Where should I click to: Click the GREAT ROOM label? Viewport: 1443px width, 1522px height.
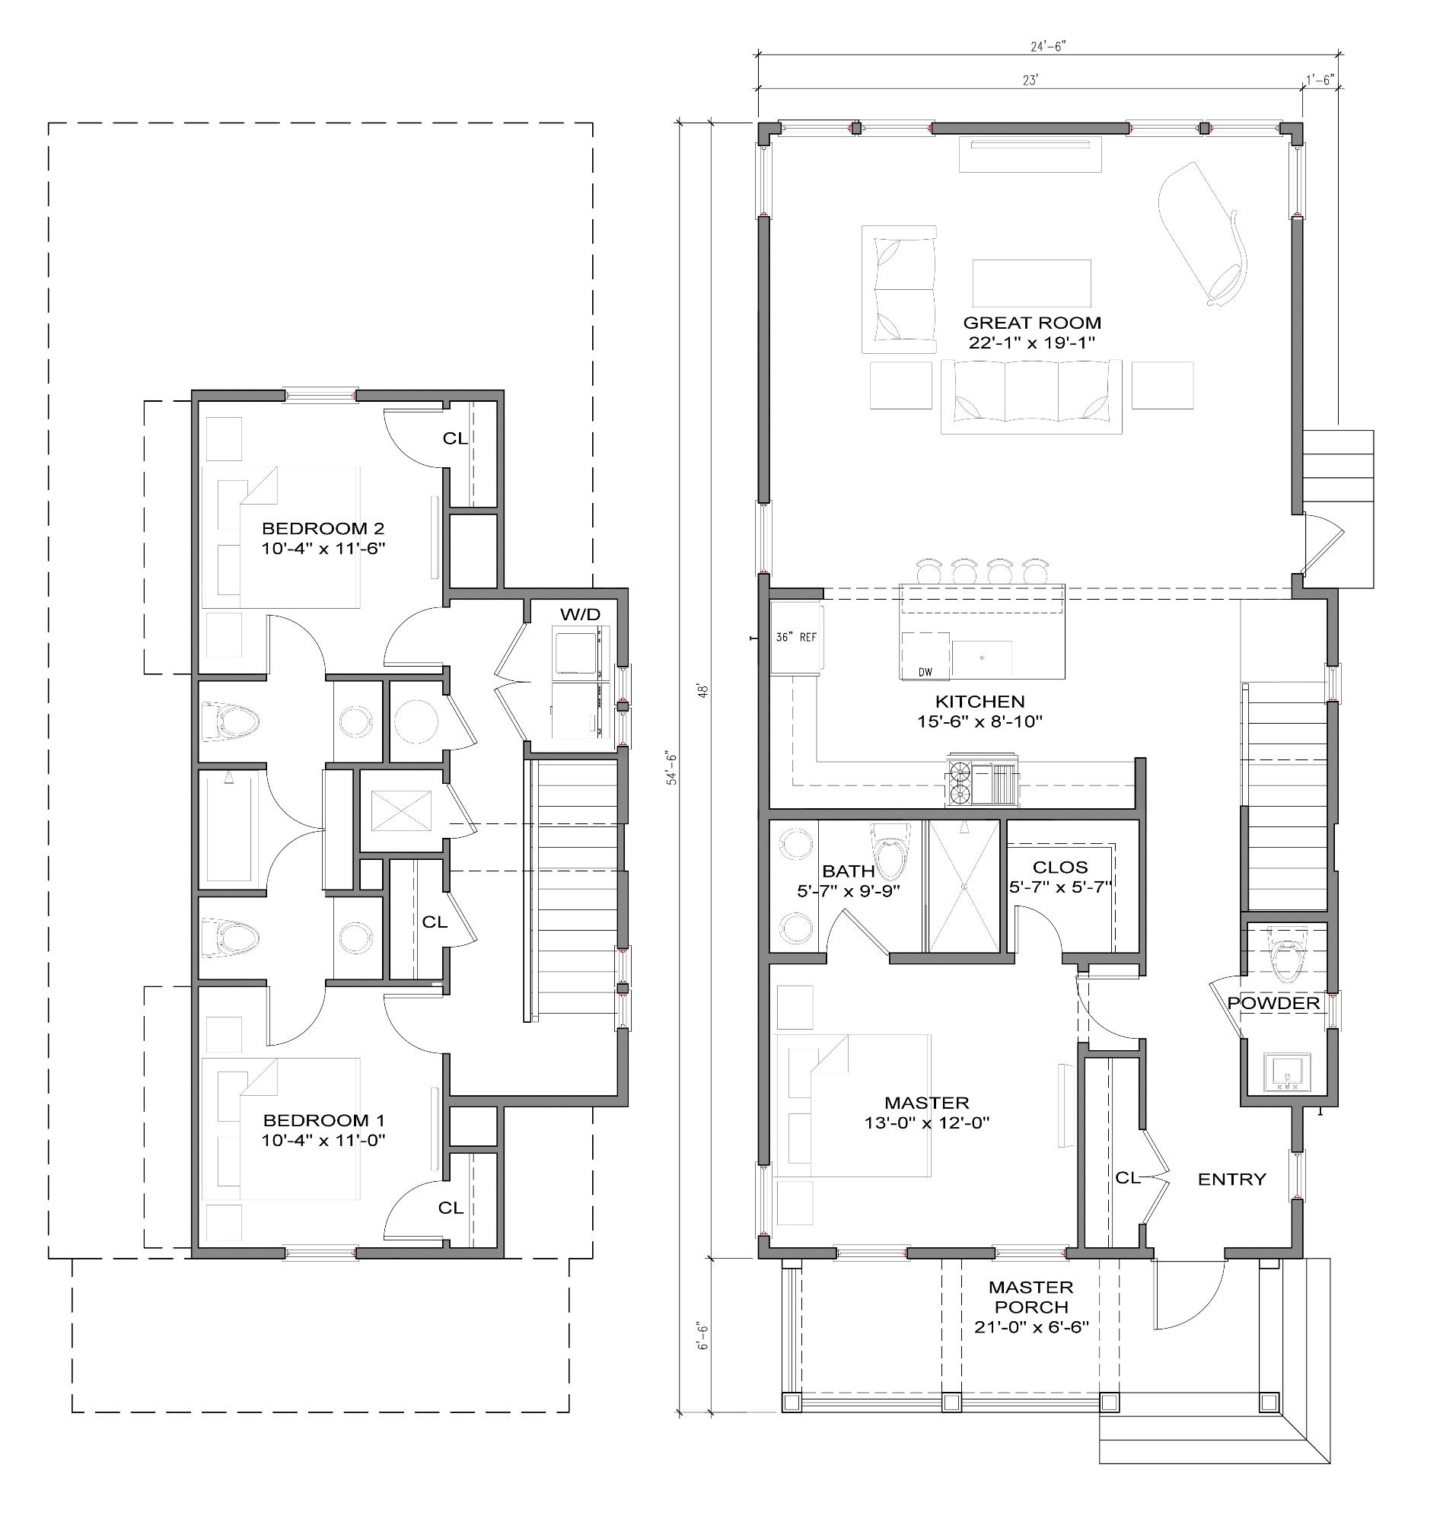[x=1031, y=323]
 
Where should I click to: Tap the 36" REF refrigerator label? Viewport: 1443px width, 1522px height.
[x=796, y=638]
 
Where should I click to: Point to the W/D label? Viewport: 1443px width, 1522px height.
[x=580, y=613]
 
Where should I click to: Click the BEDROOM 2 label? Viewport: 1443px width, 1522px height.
[x=323, y=528]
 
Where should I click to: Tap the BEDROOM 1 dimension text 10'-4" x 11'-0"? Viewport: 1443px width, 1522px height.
[x=323, y=1141]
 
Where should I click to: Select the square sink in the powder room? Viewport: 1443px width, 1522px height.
[x=1287, y=1071]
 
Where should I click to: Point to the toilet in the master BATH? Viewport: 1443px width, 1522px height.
[x=889, y=854]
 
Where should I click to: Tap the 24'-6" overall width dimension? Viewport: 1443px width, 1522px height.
[x=1047, y=46]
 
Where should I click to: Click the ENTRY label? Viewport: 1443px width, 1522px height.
[x=1231, y=1179]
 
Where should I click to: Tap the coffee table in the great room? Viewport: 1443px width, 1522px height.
[x=1031, y=283]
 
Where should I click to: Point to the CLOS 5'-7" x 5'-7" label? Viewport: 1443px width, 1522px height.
[x=1060, y=877]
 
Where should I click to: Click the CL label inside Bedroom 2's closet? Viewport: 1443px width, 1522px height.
[x=454, y=438]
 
